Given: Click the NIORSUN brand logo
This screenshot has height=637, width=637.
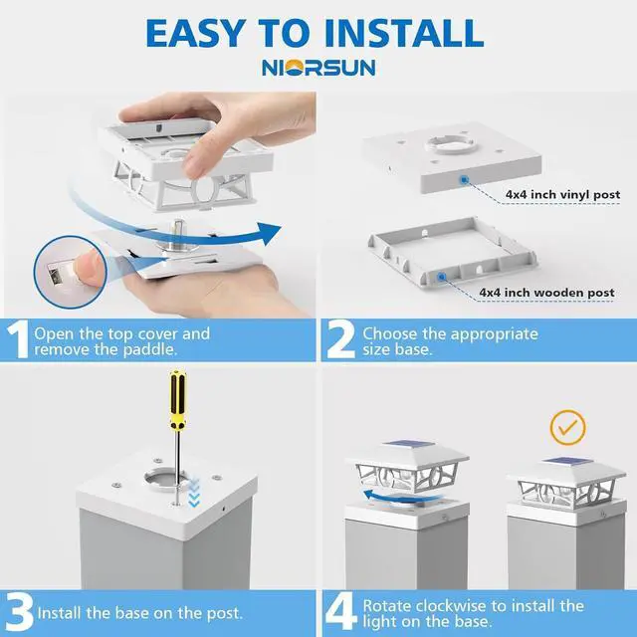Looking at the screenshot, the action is [x=318, y=68].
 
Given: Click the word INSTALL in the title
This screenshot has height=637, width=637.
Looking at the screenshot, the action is [x=404, y=33].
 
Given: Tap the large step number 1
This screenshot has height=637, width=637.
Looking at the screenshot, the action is [x=18, y=340].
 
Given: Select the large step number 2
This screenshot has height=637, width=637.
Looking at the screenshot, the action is [x=340, y=340].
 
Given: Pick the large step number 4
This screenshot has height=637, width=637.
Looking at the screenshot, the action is [x=342, y=613].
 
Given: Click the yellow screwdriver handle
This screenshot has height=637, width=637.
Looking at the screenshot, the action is [x=177, y=399].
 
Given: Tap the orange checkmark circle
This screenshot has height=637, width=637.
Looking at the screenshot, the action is [x=568, y=427].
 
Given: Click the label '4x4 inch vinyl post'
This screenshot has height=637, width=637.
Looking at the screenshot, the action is [x=562, y=194].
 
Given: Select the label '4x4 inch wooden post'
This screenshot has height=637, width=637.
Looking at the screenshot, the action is [x=546, y=293].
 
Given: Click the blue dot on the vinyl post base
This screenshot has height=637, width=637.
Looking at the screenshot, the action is [x=463, y=179].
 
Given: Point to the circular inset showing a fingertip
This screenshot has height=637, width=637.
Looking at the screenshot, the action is [x=70, y=272].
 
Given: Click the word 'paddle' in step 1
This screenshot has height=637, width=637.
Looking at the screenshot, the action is [x=148, y=349].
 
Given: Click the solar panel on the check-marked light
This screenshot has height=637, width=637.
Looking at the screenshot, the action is [x=567, y=462].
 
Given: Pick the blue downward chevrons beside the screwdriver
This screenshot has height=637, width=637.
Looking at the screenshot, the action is [x=194, y=493].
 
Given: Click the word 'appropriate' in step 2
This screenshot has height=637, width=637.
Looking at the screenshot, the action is [x=494, y=334].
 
